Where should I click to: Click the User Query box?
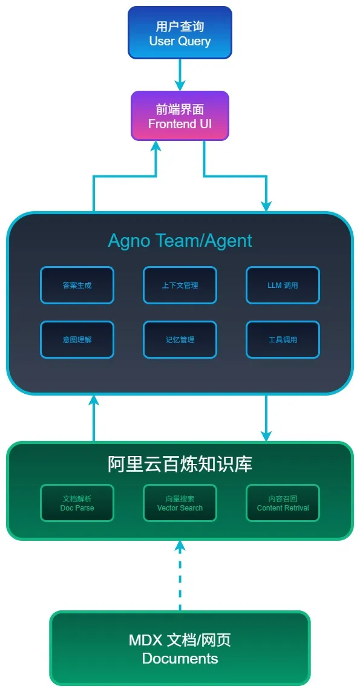(x=180, y=33)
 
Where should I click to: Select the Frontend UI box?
(x=180, y=116)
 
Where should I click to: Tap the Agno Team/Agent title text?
(x=180, y=240)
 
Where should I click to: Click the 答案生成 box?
(x=77, y=285)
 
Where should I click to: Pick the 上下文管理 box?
(x=180, y=285)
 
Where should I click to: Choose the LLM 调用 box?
(x=283, y=285)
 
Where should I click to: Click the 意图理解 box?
(x=77, y=339)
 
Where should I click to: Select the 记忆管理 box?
(x=180, y=339)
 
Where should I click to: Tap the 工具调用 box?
(x=283, y=339)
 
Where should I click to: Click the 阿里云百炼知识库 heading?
(x=180, y=464)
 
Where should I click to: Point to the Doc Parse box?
(x=77, y=503)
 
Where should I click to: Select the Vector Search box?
(x=180, y=503)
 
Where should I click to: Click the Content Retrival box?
(x=283, y=503)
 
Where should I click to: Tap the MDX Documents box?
(x=180, y=648)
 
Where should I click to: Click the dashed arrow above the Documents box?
(x=180, y=578)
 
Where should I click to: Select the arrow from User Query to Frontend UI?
(x=180, y=74)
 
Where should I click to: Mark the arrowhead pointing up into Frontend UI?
(x=156, y=146)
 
